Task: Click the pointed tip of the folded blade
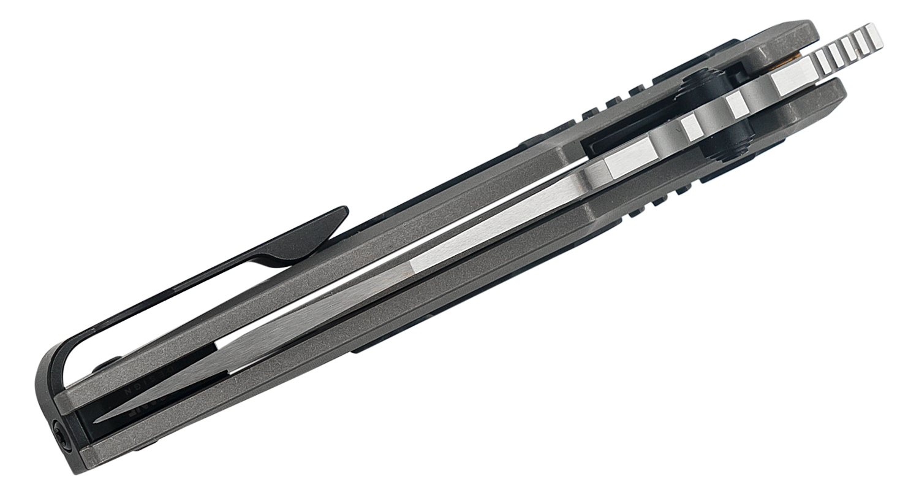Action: coord(97,422)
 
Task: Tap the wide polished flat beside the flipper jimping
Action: coord(790,80)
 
